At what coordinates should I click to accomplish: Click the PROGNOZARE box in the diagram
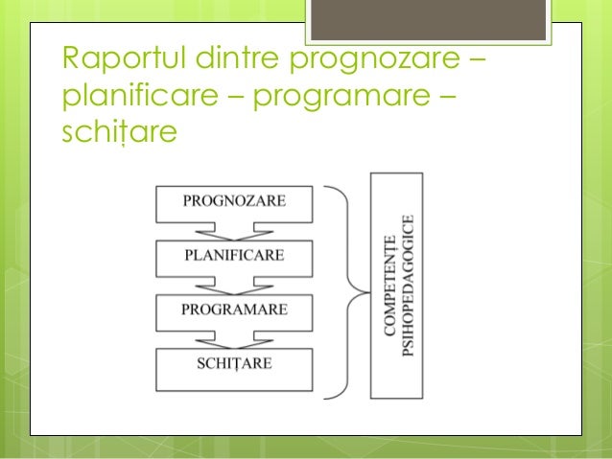pyautogui.click(x=234, y=201)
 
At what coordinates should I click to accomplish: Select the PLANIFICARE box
pyautogui.click(x=234, y=256)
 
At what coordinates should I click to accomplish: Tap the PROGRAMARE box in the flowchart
pyautogui.click(x=234, y=310)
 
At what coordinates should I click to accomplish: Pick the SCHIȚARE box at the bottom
pyautogui.click(x=234, y=365)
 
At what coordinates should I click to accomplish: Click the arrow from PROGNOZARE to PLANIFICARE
pyautogui.click(x=234, y=230)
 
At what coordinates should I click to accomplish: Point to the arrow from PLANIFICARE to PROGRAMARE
pyautogui.click(x=234, y=285)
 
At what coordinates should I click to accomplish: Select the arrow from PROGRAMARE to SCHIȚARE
pyautogui.click(x=234, y=339)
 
